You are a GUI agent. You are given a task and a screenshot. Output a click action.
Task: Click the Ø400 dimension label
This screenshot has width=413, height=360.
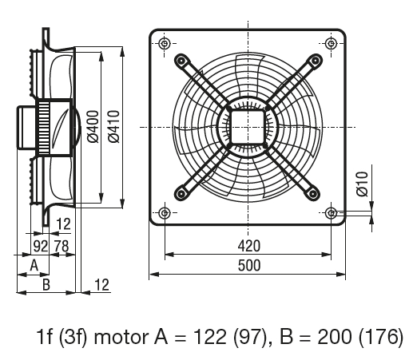pos(93,127)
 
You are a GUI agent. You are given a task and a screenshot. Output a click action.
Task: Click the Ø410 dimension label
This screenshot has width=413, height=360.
pos(114,127)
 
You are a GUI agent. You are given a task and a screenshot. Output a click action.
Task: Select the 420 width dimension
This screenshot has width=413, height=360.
pos(249,246)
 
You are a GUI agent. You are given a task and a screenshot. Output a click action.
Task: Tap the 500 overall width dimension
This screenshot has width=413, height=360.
pos(249,266)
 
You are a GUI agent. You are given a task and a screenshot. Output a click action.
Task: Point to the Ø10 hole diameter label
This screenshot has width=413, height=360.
pos(362,184)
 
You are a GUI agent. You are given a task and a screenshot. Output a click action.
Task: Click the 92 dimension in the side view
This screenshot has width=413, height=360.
pos(41,246)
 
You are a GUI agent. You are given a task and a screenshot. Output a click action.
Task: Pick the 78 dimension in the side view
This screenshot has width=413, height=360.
pos(62,246)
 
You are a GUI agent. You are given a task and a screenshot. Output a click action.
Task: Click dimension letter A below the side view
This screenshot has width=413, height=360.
pos(34,265)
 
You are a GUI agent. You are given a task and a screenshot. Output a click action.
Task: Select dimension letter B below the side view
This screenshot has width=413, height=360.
pos(46,284)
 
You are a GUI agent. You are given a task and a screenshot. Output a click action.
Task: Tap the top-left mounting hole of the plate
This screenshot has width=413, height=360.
pos(165,43)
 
